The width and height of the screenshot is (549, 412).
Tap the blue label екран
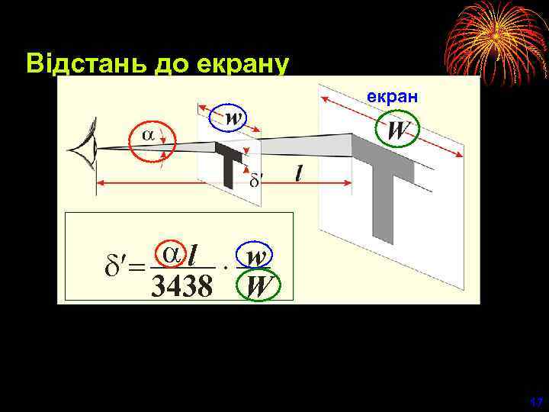coord(391,98)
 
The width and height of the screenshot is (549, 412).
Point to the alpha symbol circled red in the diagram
coord(149,135)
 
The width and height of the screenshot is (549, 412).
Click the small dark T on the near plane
coord(227,166)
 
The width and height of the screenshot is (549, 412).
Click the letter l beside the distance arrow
coord(299,175)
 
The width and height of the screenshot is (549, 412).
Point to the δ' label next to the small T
coord(257,180)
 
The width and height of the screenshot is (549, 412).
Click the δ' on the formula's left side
coord(114,268)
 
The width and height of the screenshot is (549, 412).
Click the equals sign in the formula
coord(136,269)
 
